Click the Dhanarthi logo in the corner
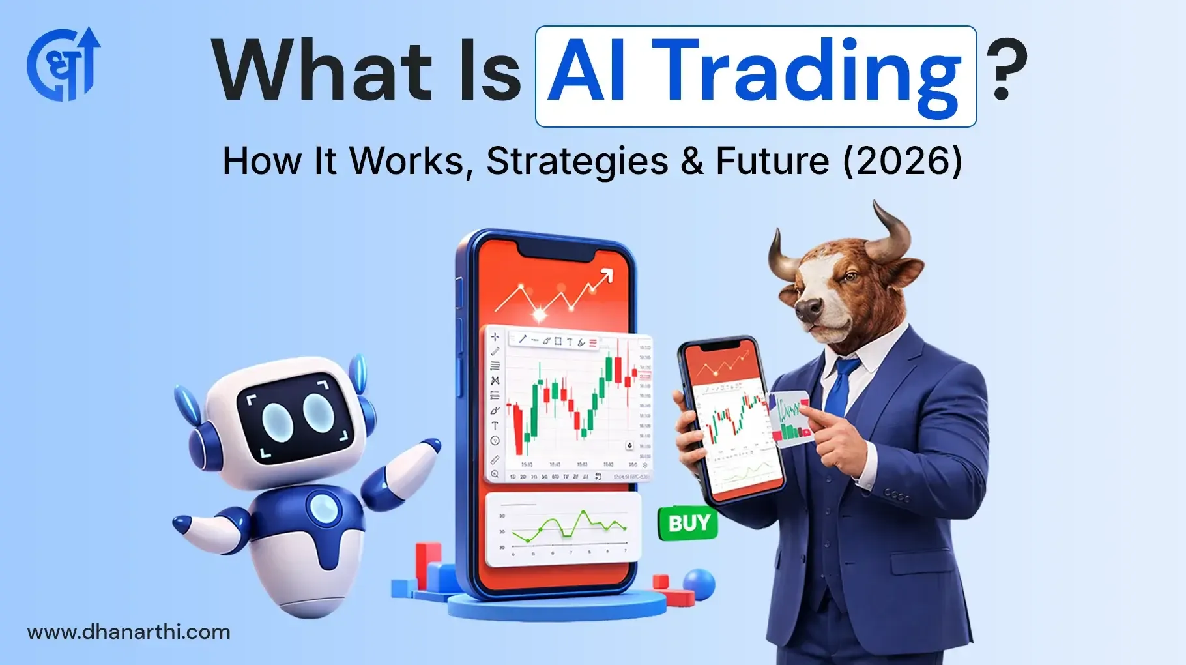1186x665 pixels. [x=63, y=65]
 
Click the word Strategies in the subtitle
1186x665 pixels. [x=577, y=161]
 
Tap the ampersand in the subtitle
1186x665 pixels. [x=692, y=161]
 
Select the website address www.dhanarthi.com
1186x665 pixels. [x=129, y=632]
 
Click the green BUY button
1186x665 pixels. [x=689, y=523]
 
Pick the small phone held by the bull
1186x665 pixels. [x=730, y=421]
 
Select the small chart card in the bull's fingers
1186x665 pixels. [x=790, y=417]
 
